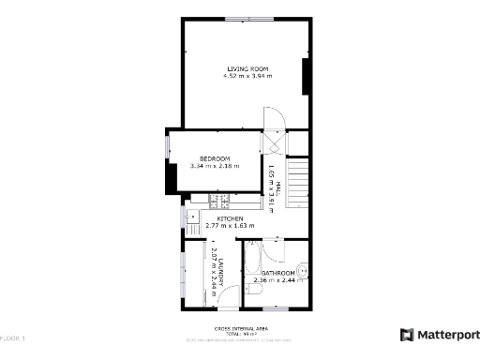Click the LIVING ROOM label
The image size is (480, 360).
pos(247,67)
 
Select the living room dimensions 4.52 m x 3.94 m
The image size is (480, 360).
pos(247,75)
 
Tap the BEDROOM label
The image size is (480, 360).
pos(215,158)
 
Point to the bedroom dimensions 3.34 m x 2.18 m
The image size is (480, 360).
pos(215,166)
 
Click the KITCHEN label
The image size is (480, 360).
pos(230,218)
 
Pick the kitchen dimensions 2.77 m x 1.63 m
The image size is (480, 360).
pos(230,226)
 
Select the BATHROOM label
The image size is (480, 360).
pos(278,273)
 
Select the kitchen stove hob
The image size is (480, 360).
pos(222,202)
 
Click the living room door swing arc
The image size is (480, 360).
pos(274,118)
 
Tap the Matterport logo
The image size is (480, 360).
pos(437,335)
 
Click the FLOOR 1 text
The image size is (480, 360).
pos(13,337)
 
